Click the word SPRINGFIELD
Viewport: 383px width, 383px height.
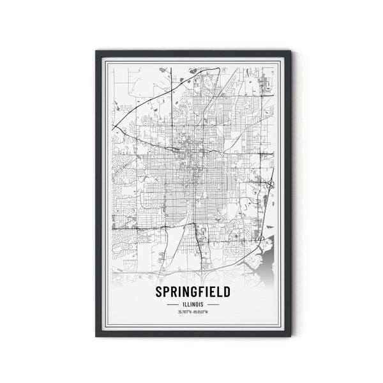coord(193,292)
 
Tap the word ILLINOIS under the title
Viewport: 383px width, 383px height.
coord(193,304)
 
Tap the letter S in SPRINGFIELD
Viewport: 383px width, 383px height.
coord(158,292)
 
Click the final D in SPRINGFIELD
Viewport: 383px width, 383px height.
coord(227,292)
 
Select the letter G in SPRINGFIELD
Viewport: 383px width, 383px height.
coord(191,292)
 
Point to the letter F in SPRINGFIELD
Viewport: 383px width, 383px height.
coord(199,292)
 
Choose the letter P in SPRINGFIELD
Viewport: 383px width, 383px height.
coord(165,292)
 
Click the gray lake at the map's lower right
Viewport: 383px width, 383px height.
coord(267,262)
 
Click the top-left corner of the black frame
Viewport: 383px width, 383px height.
coord(97,51)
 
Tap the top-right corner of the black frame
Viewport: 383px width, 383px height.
coord(290,51)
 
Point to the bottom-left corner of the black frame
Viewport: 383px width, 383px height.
coord(97,336)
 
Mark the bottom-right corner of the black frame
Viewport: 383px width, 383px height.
coord(290,336)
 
